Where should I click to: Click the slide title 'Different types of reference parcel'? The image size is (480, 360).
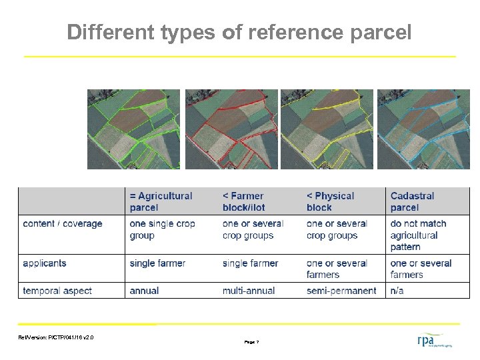(239, 32)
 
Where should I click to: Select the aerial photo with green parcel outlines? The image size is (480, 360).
(133, 129)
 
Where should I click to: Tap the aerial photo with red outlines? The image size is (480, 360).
(231, 129)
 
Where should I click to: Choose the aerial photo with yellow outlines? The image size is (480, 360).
(327, 129)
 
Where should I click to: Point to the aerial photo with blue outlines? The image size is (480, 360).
(423, 129)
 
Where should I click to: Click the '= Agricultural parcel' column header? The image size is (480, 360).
(161, 201)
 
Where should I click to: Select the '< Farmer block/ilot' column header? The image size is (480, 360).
(244, 201)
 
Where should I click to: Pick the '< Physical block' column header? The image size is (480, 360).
(330, 201)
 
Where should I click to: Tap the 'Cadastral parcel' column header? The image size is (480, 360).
(413, 201)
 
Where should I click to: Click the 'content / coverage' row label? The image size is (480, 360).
(63, 223)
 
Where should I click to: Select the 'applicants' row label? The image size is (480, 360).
(45, 263)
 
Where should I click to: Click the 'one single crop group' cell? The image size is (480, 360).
(162, 229)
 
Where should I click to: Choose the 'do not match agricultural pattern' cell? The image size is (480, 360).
(418, 235)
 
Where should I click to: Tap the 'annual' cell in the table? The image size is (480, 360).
(145, 291)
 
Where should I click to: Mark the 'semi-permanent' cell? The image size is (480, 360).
(341, 291)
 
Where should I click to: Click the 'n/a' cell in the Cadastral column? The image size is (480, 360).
(397, 291)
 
